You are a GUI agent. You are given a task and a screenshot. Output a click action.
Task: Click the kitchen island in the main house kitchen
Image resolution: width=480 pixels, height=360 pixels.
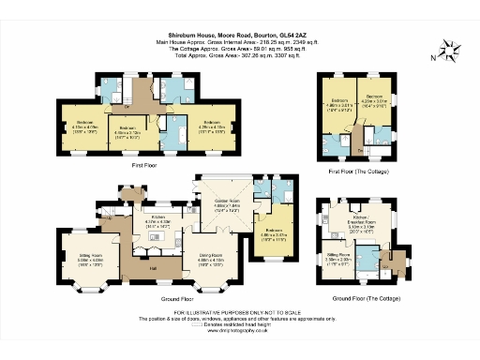point(155,237)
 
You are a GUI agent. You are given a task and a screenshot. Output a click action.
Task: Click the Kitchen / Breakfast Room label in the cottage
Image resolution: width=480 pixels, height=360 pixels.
point(361,222)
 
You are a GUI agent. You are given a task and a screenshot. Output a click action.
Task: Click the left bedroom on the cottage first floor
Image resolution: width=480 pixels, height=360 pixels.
point(339,104)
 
